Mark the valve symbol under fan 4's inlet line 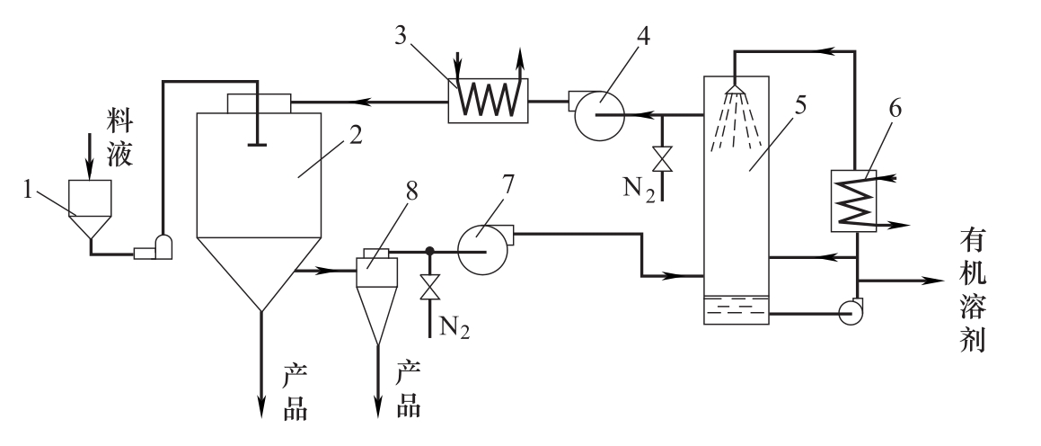(663, 159)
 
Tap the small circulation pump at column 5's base (849, 310)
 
